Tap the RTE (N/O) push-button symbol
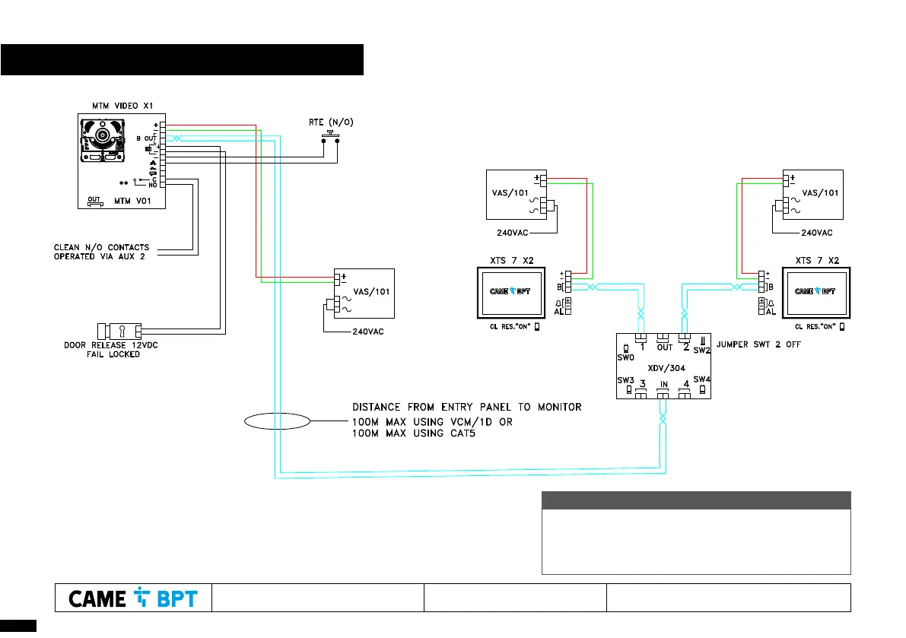(x=331, y=135)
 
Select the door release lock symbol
(x=120, y=331)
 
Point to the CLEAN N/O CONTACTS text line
(x=102, y=247)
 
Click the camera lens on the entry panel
(x=101, y=138)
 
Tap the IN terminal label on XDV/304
(x=663, y=386)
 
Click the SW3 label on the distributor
(x=625, y=379)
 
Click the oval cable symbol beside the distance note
(x=277, y=421)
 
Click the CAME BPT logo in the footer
(x=133, y=598)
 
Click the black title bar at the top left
(x=182, y=60)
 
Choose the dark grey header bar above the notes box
(x=695, y=500)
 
